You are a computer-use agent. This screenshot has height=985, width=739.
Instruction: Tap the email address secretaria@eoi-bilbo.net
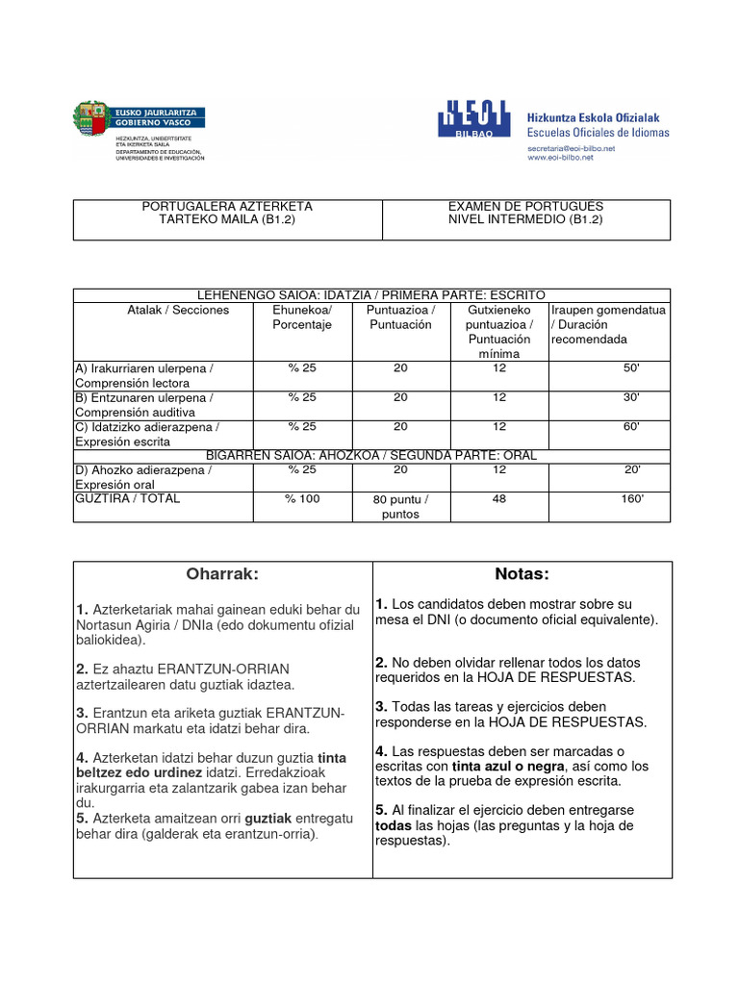571,148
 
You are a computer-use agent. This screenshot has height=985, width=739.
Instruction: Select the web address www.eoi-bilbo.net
560,158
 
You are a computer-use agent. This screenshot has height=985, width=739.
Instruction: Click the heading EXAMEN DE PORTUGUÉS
525,206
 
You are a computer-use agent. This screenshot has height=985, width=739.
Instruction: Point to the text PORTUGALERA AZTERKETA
227,206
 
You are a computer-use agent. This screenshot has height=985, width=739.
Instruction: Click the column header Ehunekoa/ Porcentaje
301,317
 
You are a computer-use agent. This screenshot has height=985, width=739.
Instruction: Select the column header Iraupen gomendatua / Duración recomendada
608,324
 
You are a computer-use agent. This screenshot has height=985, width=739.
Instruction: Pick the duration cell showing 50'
631,368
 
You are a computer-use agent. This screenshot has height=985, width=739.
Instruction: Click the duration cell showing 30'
631,397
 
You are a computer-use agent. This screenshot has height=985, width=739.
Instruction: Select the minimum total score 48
498,499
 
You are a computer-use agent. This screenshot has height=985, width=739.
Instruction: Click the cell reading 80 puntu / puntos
400,506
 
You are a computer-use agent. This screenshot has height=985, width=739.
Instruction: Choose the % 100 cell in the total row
301,499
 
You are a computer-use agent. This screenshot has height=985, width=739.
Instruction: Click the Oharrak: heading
222,574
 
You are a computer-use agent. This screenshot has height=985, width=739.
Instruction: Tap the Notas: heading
522,574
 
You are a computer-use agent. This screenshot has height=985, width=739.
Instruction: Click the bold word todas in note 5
393,825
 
